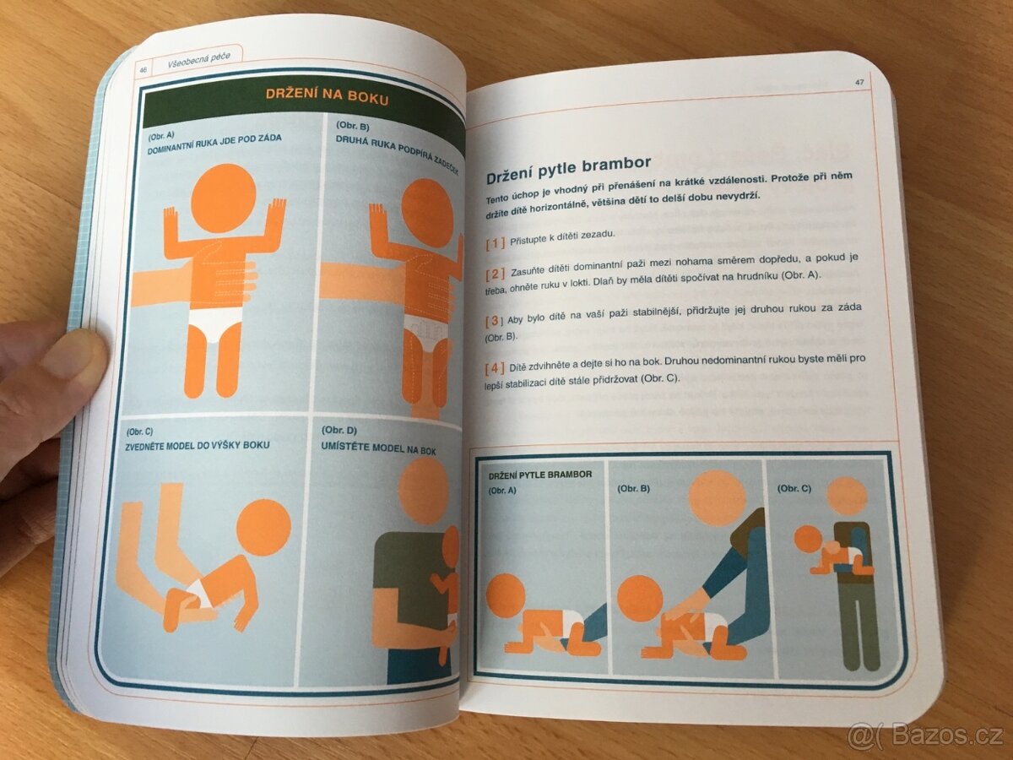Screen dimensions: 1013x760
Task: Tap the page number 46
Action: tap(143, 70)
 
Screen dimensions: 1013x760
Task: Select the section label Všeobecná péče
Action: tap(199, 61)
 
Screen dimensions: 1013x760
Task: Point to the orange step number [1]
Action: tap(496, 242)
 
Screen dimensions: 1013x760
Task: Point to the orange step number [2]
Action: tap(496, 274)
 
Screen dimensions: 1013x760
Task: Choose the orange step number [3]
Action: tap(494, 320)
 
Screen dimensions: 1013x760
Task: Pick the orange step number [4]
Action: tap(495, 369)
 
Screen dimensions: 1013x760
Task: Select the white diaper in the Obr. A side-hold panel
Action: tap(216, 324)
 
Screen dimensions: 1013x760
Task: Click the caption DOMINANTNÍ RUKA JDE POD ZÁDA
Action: tap(214, 145)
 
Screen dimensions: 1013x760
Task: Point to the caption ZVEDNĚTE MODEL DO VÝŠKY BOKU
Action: tap(198, 445)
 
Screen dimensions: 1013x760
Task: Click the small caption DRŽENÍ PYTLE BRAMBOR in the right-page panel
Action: tap(540, 475)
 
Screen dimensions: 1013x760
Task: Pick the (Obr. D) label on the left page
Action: tap(339, 431)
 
